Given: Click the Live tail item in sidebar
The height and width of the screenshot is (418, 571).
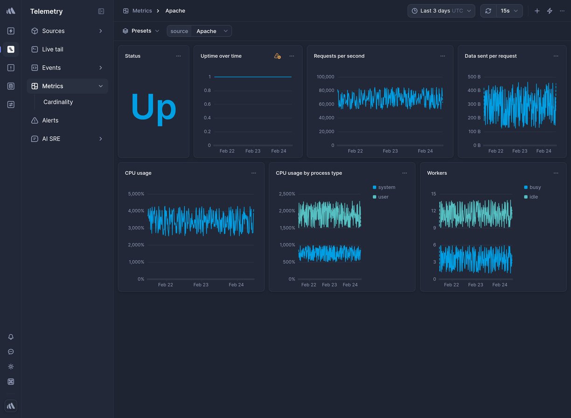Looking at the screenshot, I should tap(52, 49).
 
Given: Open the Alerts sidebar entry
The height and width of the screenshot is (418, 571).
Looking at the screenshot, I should tap(50, 120).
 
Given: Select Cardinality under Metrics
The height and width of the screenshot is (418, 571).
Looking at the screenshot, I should tap(58, 102).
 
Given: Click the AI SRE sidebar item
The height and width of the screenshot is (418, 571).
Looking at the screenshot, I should tap(51, 139).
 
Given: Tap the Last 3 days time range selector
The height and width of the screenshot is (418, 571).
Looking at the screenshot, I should tap(441, 11).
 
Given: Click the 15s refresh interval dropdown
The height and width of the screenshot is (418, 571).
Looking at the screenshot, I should tap(509, 11).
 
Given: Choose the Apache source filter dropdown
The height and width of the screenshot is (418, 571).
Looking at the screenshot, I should tap(211, 31).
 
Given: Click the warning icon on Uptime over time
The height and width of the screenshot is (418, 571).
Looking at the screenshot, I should tap(277, 56).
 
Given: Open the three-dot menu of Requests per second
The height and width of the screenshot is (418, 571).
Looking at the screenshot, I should tap(442, 56).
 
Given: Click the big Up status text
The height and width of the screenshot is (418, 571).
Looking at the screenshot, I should tap(153, 107).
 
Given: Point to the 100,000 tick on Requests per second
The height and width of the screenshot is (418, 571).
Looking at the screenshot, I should tap(325, 77).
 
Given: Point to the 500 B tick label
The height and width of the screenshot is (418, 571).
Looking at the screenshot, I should tap(474, 77).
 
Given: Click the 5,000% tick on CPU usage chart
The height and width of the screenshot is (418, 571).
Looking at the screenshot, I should tap(136, 194).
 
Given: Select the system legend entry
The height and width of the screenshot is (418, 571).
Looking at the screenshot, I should tap(386, 188).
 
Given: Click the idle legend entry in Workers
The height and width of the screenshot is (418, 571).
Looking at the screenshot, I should tap(533, 197).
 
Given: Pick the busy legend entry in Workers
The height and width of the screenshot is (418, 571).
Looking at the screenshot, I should tap(535, 188).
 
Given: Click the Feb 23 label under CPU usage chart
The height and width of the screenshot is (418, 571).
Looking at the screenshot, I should tap(201, 285).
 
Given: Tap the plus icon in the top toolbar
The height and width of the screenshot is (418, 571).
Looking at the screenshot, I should tap(537, 11).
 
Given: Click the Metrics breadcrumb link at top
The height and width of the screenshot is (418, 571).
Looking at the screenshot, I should tap(142, 11).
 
